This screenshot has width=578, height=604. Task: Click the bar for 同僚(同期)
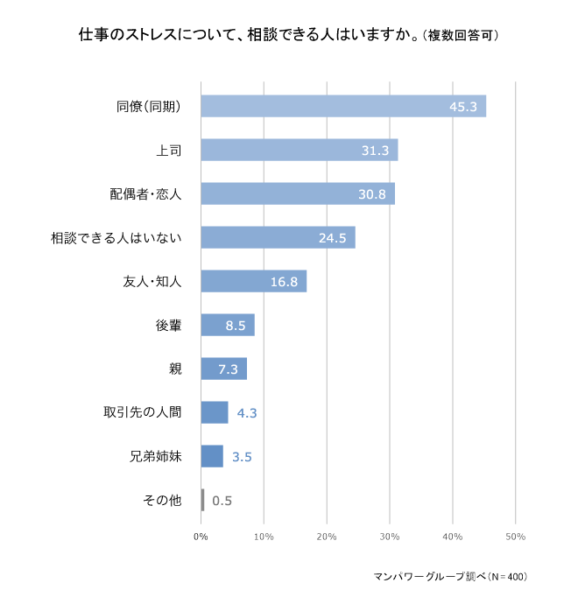click(x=343, y=106)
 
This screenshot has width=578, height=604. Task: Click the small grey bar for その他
click(x=202, y=500)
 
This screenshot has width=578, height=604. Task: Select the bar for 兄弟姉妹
click(x=212, y=456)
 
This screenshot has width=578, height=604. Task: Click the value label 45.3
click(x=462, y=107)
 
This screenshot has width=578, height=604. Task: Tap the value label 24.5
click(x=332, y=238)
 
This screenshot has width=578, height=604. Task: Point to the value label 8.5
click(x=235, y=326)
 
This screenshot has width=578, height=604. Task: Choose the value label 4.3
click(x=246, y=413)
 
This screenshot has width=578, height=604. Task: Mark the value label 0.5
click(x=222, y=501)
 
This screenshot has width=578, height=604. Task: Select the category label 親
click(x=175, y=369)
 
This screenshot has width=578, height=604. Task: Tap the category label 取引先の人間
click(x=142, y=412)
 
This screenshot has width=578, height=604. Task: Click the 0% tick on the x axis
click(x=201, y=536)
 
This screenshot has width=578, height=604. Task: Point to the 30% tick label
click(x=389, y=536)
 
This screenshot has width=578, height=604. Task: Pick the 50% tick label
click(x=515, y=536)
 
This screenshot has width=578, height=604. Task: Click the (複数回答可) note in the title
click(x=461, y=37)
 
